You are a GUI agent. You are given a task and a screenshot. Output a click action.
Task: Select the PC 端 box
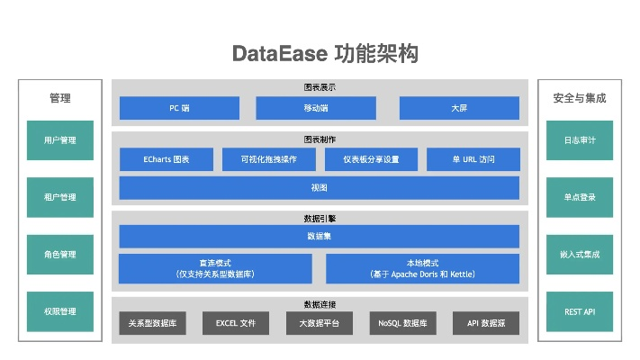pos(179,108)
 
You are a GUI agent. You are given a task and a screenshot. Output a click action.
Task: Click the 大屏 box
pos(459,108)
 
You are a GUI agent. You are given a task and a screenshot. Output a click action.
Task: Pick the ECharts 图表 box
pos(167,159)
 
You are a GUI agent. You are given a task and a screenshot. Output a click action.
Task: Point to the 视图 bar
pos(319,188)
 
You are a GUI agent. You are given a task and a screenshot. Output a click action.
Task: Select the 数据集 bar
pos(319,236)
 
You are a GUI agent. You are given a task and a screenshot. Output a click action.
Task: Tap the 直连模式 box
pos(215,268)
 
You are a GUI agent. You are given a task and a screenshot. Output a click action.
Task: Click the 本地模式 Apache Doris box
pos(422,268)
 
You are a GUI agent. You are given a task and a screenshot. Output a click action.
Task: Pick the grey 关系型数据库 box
pos(152,323)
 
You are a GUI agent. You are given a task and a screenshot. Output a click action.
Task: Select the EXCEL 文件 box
pos(236,323)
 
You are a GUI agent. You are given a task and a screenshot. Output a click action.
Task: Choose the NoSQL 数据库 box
pos(402,323)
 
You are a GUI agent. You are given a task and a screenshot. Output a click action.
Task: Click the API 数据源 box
pos(486,323)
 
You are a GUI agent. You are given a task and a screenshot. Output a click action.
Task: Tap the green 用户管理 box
pos(59,140)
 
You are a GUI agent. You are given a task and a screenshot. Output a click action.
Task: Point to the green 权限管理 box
pos(59,311)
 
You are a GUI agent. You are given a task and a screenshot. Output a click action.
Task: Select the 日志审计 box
pos(579,140)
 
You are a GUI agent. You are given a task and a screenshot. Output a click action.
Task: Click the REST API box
pos(579,311)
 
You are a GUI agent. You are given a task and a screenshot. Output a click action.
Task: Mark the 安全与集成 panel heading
pos(579,98)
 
